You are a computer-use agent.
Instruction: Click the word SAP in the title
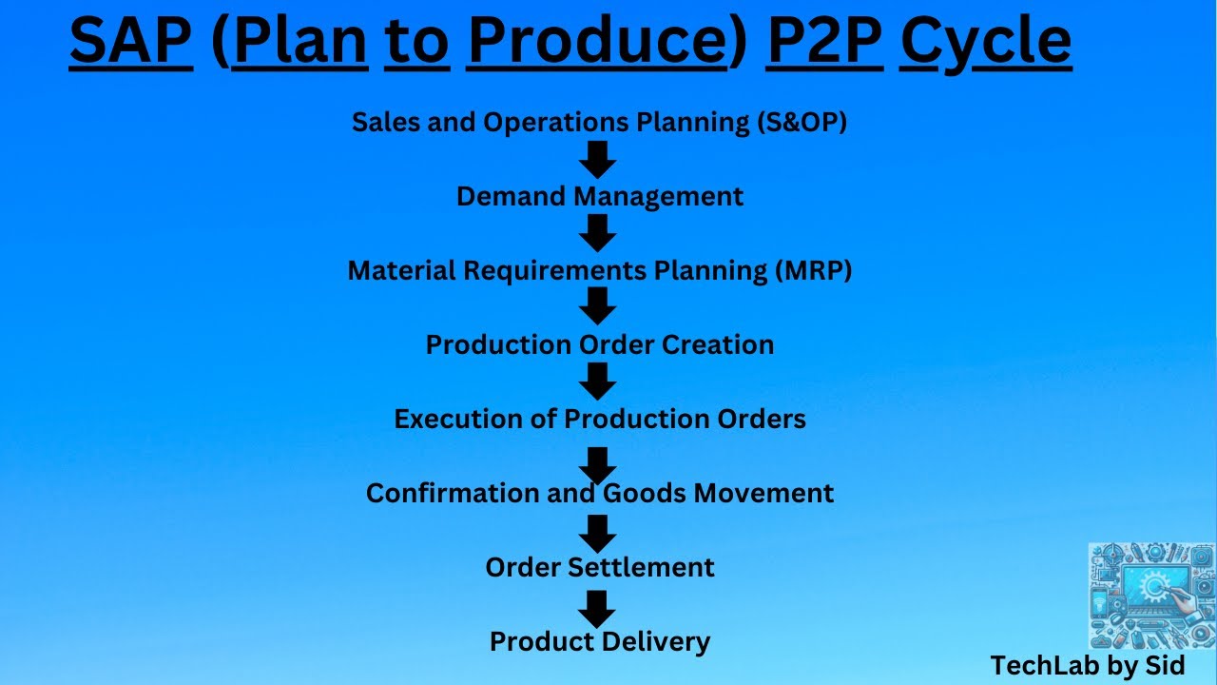tap(131, 41)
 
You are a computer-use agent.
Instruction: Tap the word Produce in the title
tap(596, 41)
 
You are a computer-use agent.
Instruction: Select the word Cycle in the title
tap(985, 41)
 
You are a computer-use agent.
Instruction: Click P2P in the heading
tap(824, 41)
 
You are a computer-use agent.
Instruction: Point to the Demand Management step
tap(599, 197)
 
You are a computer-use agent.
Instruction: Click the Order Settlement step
tap(599, 568)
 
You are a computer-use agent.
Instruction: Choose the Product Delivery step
tap(599, 642)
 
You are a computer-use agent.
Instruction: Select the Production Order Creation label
tap(599, 344)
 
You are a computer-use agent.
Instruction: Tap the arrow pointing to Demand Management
tap(598, 159)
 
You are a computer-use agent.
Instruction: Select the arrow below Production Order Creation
tap(598, 382)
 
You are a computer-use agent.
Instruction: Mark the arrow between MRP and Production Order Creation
tap(598, 306)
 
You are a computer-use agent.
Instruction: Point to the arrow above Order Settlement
tap(598, 534)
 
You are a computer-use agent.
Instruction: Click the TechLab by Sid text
tap(1088, 666)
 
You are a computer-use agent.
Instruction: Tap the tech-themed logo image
tap(1151, 597)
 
